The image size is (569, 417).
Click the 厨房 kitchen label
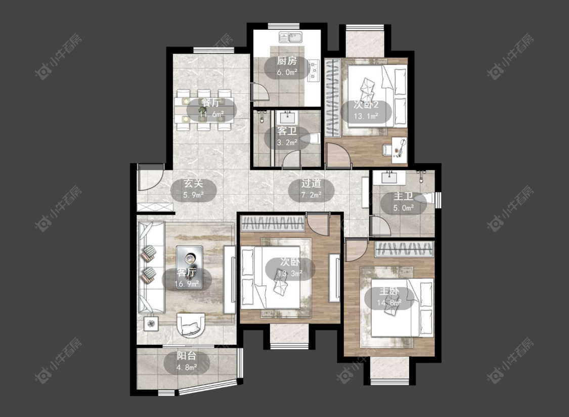click(x=287, y=61)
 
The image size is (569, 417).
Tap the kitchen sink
click(x=291, y=37)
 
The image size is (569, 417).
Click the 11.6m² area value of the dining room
click(x=211, y=115)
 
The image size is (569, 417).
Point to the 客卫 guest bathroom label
click(x=287, y=130)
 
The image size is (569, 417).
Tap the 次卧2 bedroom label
click(x=366, y=105)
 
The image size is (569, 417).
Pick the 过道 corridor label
click(x=311, y=183)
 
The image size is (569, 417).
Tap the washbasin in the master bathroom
click(x=389, y=177)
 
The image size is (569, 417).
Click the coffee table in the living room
click(x=189, y=267)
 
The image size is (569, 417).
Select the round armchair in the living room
click(x=191, y=325)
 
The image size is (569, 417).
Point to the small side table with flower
click(x=151, y=323)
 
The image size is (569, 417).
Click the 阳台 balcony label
click(x=187, y=356)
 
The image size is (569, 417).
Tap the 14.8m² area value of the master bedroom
click(x=389, y=302)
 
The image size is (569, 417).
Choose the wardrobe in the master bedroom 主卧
click(x=404, y=249)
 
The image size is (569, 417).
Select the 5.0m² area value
click(x=404, y=208)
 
